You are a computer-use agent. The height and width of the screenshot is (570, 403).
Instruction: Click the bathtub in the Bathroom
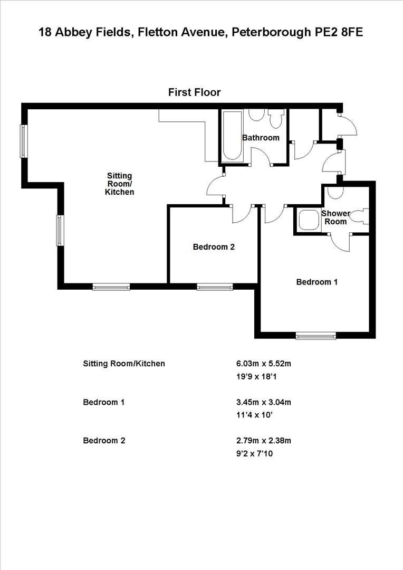click(x=232, y=136)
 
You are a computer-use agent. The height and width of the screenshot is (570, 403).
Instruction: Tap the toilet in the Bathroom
click(x=275, y=119)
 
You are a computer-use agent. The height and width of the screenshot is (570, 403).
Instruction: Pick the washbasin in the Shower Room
click(x=334, y=192)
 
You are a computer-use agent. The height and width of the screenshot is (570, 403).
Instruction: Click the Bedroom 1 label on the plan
click(x=316, y=282)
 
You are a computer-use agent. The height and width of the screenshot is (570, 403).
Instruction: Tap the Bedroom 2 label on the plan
click(x=213, y=246)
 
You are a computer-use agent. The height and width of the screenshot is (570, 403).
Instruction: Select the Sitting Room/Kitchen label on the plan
click(x=120, y=184)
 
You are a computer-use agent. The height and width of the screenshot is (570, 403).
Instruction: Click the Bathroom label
click(x=261, y=138)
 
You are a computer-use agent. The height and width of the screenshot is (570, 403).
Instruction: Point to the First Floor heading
click(x=194, y=92)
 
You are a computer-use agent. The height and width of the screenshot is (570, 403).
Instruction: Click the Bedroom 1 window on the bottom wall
click(x=315, y=335)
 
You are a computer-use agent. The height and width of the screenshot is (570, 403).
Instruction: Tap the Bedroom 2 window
click(x=215, y=287)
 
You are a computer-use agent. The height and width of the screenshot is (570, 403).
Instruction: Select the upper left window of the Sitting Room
click(x=24, y=141)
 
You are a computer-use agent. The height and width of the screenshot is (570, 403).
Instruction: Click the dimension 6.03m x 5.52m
click(x=263, y=364)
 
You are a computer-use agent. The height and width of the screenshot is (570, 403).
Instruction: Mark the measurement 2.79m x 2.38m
click(x=263, y=440)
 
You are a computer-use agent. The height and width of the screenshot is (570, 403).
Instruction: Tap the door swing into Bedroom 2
click(x=239, y=214)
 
